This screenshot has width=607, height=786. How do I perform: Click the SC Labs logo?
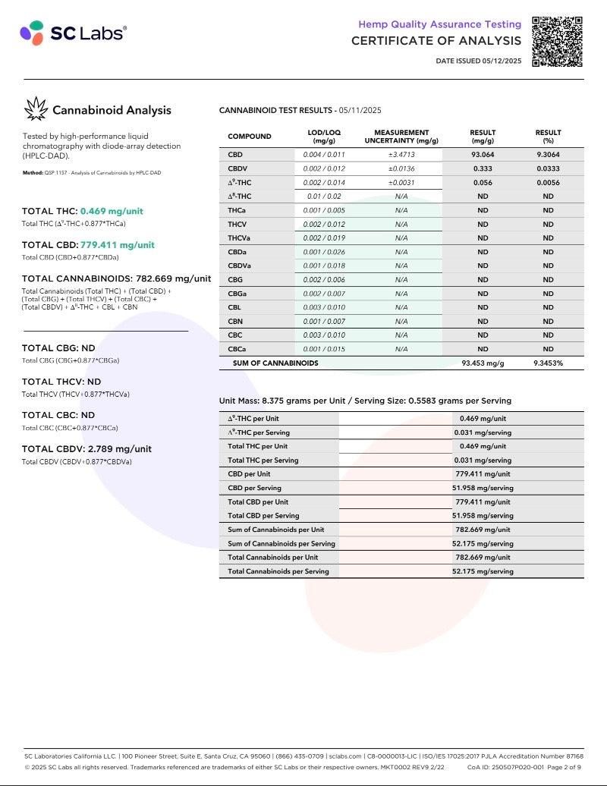pyautogui.click(x=74, y=33)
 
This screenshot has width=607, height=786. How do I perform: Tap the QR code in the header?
pyautogui.click(x=557, y=42)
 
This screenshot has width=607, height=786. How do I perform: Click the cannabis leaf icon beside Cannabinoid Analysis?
pyautogui.click(x=36, y=109)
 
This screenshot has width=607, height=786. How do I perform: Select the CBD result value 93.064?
pyautogui.click(x=482, y=155)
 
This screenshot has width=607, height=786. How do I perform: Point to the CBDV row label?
pyautogui.click(x=238, y=168)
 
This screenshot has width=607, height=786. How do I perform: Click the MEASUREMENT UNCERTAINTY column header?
pyautogui.click(x=401, y=137)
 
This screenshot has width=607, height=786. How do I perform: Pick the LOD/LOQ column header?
pyautogui.click(x=324, y=137)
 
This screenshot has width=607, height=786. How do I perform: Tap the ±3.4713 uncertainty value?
pyautogui.click(x=401, y=155)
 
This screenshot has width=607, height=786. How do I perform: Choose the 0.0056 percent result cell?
pyautogui.click(x=548, y=183)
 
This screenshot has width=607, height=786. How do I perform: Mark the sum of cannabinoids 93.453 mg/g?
pyautogui.click(x=483, y=363)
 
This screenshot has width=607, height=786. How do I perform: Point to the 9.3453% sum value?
pyautogui.click(x=548, y=363)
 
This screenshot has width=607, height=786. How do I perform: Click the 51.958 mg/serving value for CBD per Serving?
pyautogui.click(x=483, y=488)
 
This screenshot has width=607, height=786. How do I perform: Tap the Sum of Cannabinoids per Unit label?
pyautogui.click(x=276, y=530)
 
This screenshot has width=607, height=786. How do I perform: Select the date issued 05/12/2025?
pyautogui.click(x=479, y=61)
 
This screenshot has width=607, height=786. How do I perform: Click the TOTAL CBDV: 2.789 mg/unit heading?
pyautogui.click(x=86, y=448)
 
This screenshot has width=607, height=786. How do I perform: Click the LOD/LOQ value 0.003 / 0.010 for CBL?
pyautogui.click(x=324, y=307)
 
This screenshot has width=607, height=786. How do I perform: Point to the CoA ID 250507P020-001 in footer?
pyautogui.click(x=507, y=767)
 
